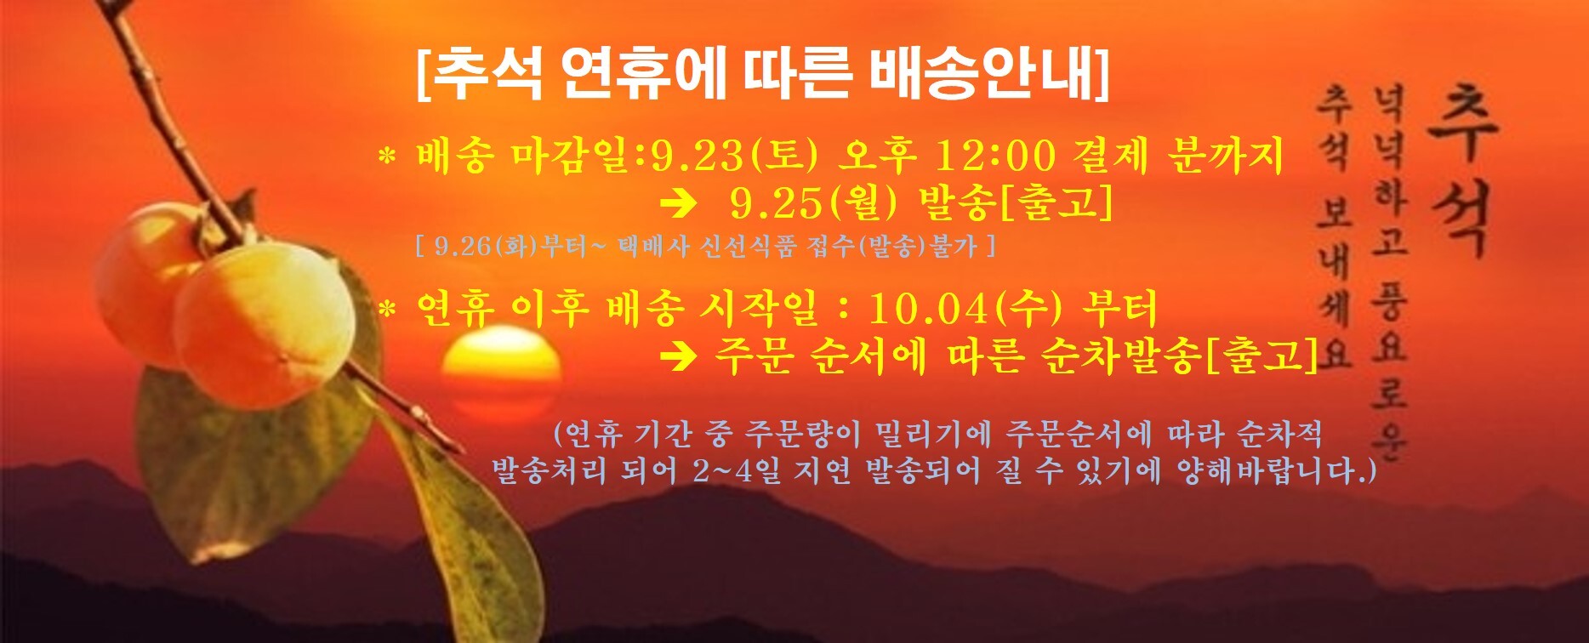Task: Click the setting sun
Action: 501,374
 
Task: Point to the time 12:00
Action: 994,156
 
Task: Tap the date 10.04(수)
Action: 965,309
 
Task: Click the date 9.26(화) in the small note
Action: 477,247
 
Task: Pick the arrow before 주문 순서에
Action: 680,356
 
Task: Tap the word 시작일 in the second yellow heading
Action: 756,309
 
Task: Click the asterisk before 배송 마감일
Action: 387,157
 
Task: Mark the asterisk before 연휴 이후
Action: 387,310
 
